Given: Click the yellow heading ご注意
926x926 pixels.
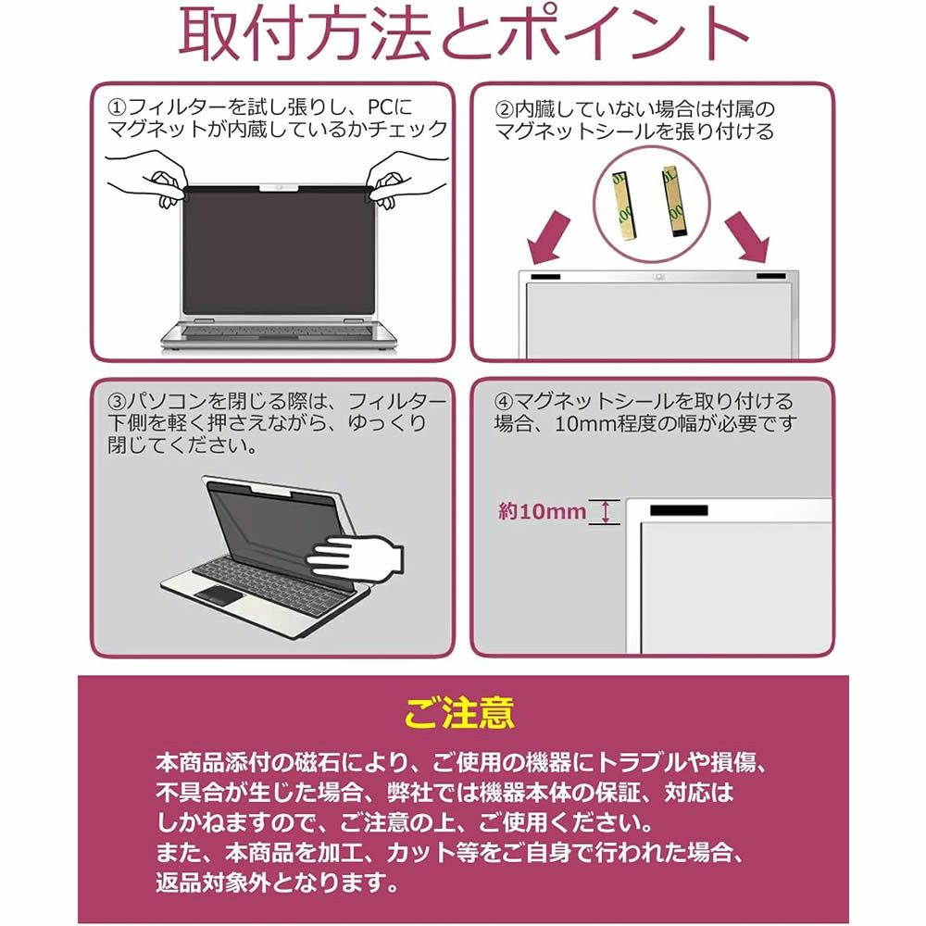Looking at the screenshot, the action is [x=459, y=713].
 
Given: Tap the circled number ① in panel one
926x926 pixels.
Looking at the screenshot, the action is [x=117, y=107].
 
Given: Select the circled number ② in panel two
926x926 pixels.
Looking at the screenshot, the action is [x=505, y=110].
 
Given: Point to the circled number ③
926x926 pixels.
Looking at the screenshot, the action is [x=117, y=402].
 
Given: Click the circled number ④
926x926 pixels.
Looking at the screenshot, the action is [x=505, y=402].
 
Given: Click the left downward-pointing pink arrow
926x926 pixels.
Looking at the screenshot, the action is [x=548, y=239].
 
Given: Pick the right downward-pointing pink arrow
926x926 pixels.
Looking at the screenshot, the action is [x=747, y=237].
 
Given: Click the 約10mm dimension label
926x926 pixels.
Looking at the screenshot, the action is [x=542, y=511].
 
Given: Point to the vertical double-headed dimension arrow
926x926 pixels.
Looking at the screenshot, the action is [x=606, y=512].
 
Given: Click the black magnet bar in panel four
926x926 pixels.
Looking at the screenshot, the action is [x=679, y=510].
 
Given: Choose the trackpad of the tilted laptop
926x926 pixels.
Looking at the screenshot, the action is [x=221, y=595].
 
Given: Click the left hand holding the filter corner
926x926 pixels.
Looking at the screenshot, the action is [x=147, y=177].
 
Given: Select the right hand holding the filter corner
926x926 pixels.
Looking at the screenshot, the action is [x=405, y=179].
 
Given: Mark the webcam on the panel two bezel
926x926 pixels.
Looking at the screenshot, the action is [x=659, y=276].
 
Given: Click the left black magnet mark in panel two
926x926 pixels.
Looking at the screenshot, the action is [x=545, y=277].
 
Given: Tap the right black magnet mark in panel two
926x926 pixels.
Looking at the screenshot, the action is [x=771, y=276].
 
